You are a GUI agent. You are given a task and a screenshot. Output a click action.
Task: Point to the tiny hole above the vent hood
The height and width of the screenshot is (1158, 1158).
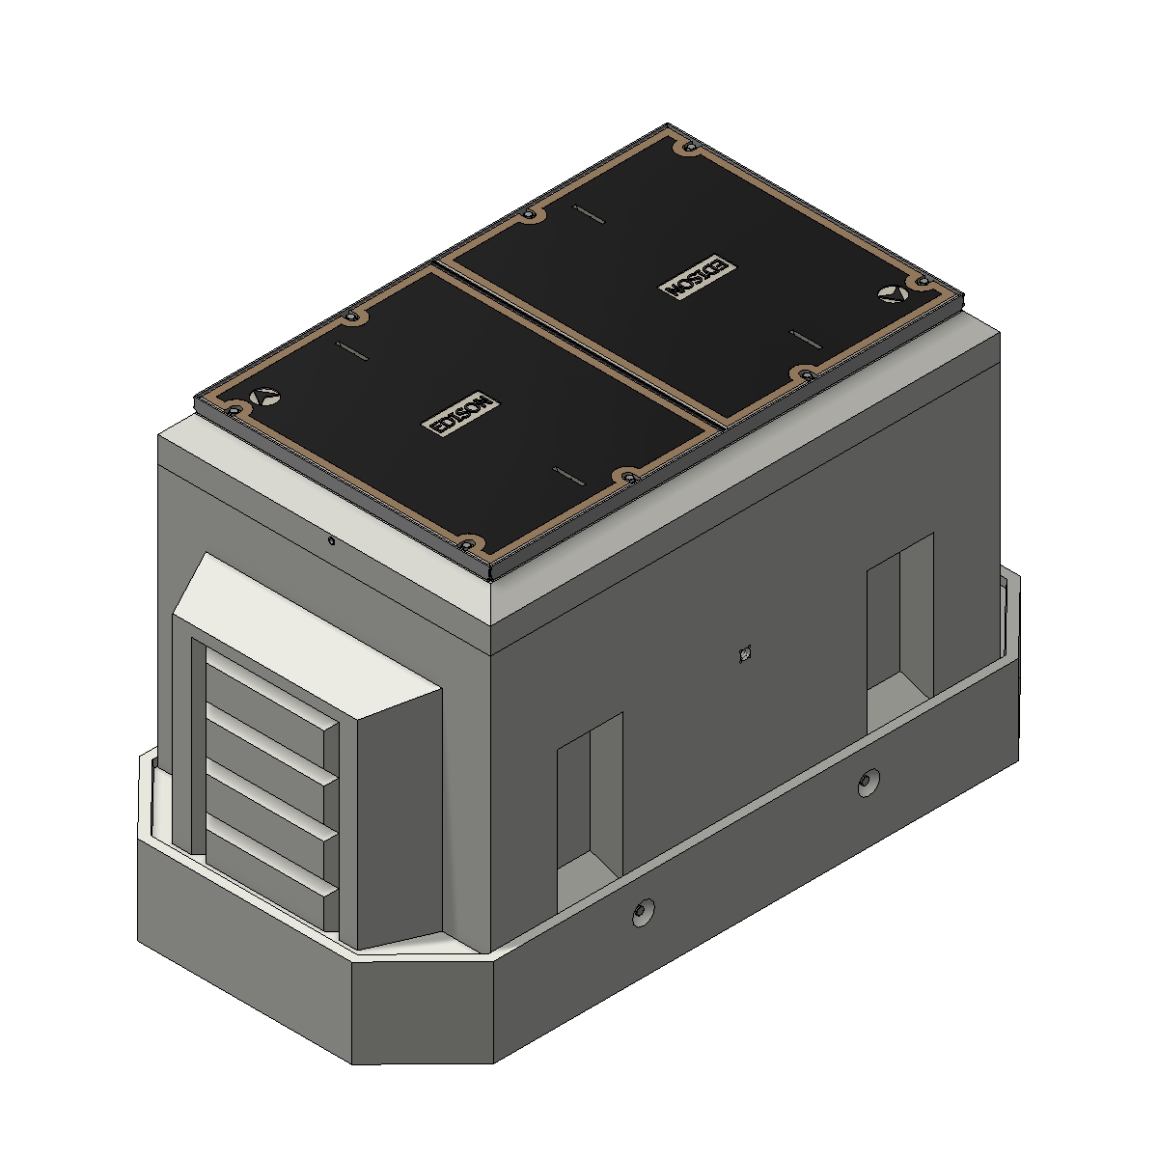[x=331, y=541]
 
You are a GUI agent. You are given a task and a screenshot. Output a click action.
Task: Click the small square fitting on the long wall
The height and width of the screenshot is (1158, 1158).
[x=742, y=654]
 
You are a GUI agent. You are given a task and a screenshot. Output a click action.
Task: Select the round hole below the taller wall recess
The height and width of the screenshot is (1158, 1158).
[x=868, y=783]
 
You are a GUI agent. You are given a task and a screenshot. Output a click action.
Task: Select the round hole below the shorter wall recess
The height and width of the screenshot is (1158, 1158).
[x=642, y=913]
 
